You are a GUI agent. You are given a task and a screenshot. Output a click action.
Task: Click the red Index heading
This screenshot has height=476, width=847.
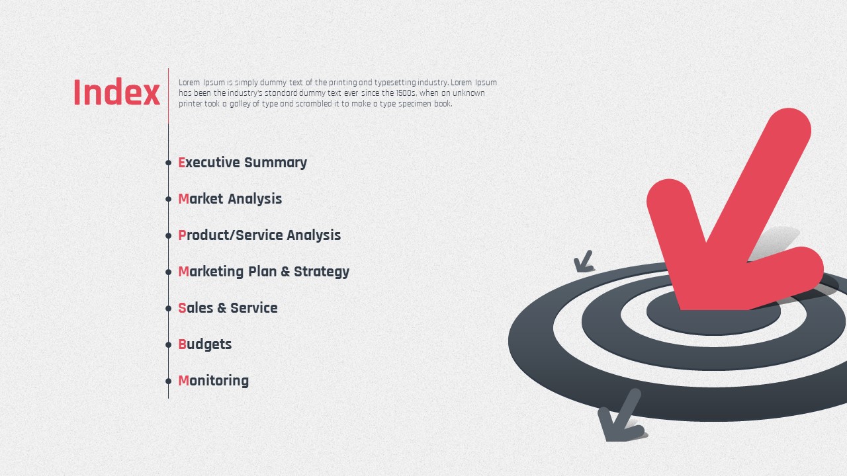tap(116, 92)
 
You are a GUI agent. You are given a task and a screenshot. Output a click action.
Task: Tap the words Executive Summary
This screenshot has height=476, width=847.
tap(242, 163)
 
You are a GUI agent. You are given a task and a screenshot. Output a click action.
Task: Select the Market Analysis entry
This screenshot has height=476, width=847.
tap(230, 199)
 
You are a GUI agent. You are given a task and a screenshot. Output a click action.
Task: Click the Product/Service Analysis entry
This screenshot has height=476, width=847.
tap(259, 235)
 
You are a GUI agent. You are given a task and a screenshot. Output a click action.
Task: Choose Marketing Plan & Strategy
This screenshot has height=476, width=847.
tap(263, 272)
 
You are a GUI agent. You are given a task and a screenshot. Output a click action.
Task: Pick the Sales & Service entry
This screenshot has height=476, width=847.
tap(228, 308)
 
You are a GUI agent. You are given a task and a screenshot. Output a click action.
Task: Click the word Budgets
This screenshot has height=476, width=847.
tap(204, 344)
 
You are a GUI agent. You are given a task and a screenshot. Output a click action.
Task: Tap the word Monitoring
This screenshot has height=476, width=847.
tap(213, 381)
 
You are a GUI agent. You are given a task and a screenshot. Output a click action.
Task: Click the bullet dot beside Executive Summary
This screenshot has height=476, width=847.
tap(168, 163)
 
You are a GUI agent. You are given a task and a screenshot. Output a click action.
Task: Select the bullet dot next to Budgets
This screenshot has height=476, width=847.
tap(168, 344)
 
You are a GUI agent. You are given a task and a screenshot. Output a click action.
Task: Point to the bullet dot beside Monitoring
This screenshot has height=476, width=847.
tap(168, 381)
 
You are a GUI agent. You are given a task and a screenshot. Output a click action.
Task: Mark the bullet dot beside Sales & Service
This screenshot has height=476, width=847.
tap(168, 308)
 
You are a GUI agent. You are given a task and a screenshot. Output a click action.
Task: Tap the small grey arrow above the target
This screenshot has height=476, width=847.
tap(583, 262)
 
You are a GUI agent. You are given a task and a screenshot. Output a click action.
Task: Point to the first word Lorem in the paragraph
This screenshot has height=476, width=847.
tap(189, 83)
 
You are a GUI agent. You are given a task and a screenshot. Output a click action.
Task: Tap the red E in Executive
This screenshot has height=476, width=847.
tap(181, 163)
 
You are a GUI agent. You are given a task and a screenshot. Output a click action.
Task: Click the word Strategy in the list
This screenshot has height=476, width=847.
tap(322, 272)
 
